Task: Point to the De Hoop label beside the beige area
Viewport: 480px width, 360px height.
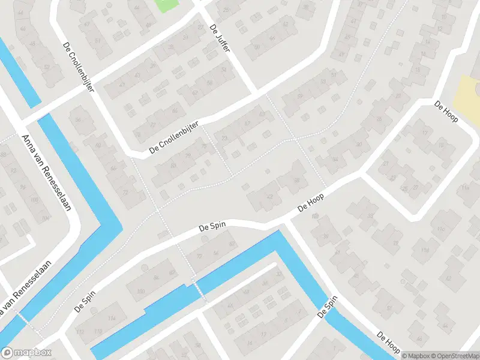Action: click(x=446, y=112)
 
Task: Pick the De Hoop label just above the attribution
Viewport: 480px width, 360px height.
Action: click(x=388, y=342)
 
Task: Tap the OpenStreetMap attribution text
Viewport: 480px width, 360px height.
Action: click(x=454, y=355)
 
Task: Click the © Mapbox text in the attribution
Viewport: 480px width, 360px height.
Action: click(x=415, y=355)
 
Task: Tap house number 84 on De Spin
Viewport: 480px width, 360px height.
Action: click(x=156, y=277)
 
